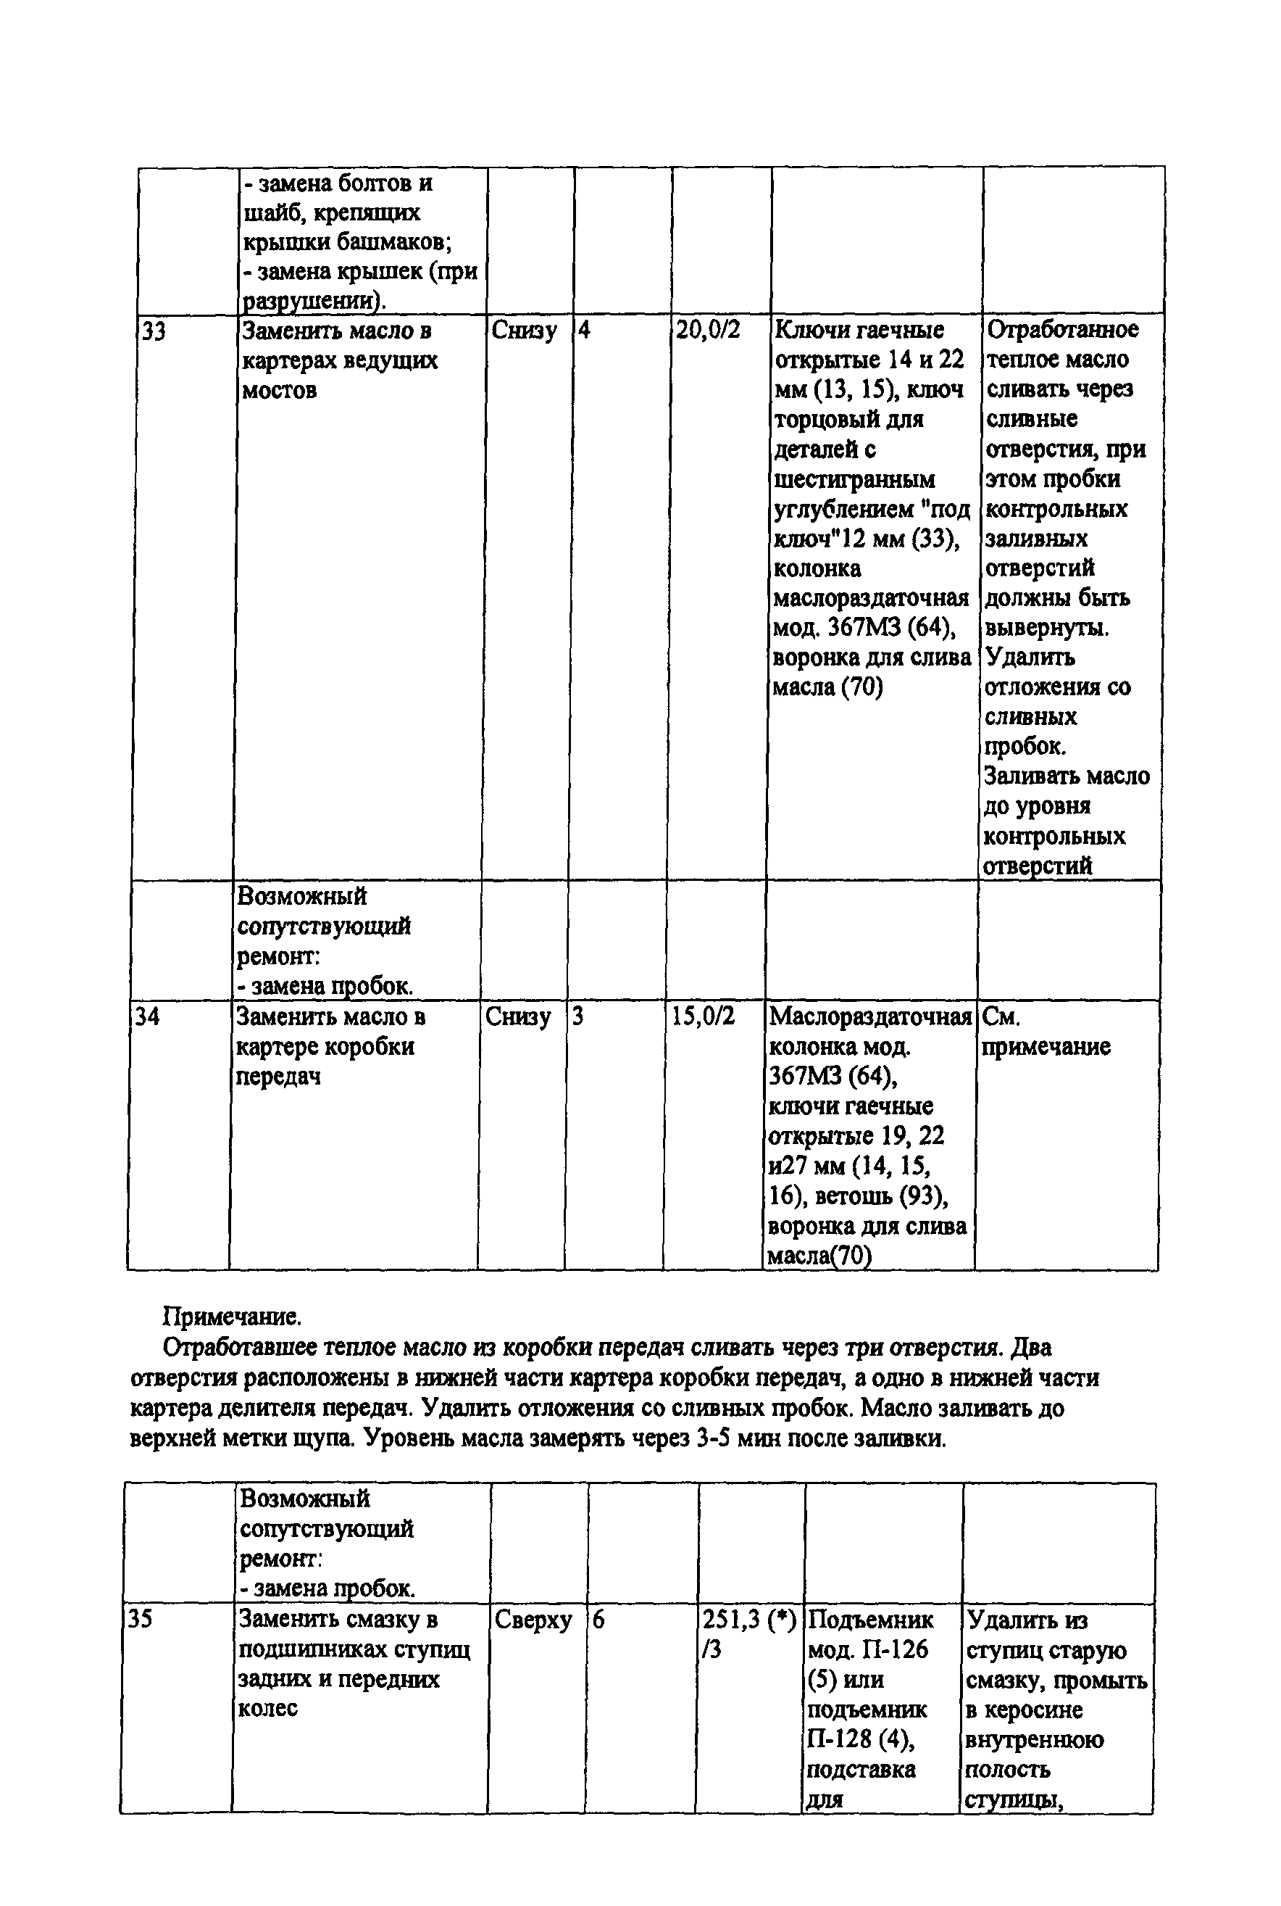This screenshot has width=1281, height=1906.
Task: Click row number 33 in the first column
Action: [x=154, y=332]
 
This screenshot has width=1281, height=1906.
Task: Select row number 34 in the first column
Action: [x=147, y=1016]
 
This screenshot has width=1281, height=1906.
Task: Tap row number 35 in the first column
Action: [x=141, y=1619]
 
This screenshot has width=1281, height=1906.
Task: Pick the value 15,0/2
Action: [x=703, y=1016]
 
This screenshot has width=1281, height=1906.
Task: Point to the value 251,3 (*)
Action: [x=748, y=1619]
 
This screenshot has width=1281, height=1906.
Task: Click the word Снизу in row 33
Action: [x=524, y=331]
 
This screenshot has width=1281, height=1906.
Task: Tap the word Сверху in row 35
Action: [x=533, y=1619]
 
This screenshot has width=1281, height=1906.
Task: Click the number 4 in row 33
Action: [x=584, y=331]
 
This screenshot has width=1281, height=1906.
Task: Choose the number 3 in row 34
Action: [x=577, y=1016]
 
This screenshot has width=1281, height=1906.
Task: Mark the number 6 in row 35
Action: [x=598, y=1619]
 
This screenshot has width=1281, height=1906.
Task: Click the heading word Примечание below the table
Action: [x=232, y=1317]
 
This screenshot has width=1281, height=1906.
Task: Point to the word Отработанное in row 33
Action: [x=1062, y=329]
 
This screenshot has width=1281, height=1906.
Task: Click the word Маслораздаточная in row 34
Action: [x=870, y=1016]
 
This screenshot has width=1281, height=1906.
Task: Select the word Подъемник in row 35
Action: [x=869, y=1619]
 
